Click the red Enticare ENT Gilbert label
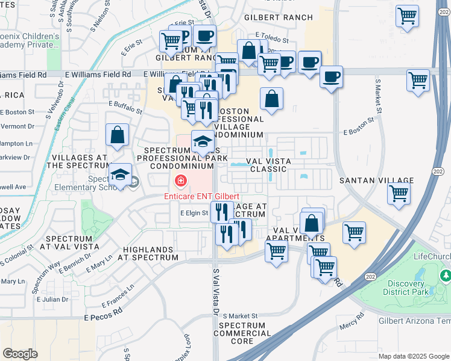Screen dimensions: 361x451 [202, 197]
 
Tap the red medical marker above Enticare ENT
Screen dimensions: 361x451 [180, 180]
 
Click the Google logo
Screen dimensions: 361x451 [20, 354]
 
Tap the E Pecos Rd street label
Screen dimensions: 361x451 [103, 316]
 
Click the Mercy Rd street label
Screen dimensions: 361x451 [352, 322]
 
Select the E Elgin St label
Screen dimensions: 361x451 [194, 213]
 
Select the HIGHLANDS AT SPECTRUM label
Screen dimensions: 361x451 [151, 253]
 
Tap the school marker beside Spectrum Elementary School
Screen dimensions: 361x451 [121, 175]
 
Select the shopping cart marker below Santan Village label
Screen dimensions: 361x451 [399, 194]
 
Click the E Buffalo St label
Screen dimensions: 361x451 [125, 106]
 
